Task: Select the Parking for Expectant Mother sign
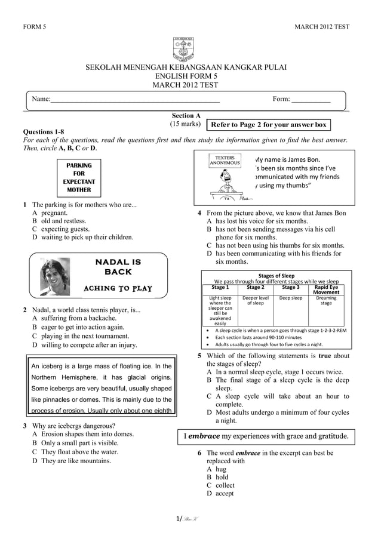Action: point(79,177)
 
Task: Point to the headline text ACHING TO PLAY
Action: point(118,289)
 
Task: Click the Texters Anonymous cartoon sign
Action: point(225,161)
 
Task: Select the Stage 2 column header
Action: point(255,288)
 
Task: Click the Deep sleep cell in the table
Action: point(291,298)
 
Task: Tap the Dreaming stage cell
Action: point(326,301)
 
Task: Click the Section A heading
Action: point(186,116)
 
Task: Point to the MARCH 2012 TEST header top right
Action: point(322,27)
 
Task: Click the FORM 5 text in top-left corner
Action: point(34,27)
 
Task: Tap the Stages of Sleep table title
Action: point(276,275)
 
